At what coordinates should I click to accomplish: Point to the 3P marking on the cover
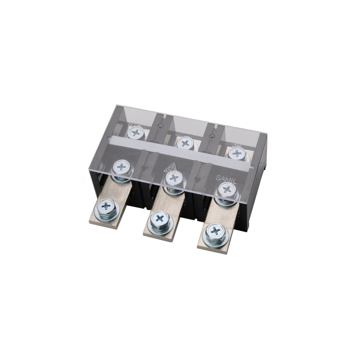tap(237, 145)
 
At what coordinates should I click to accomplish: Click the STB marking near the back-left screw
tap(133, 124)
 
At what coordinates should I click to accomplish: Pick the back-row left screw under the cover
tap(135, 132)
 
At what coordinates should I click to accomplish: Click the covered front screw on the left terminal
tap(121, 167)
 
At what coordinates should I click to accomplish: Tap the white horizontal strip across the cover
tap(180, 149)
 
